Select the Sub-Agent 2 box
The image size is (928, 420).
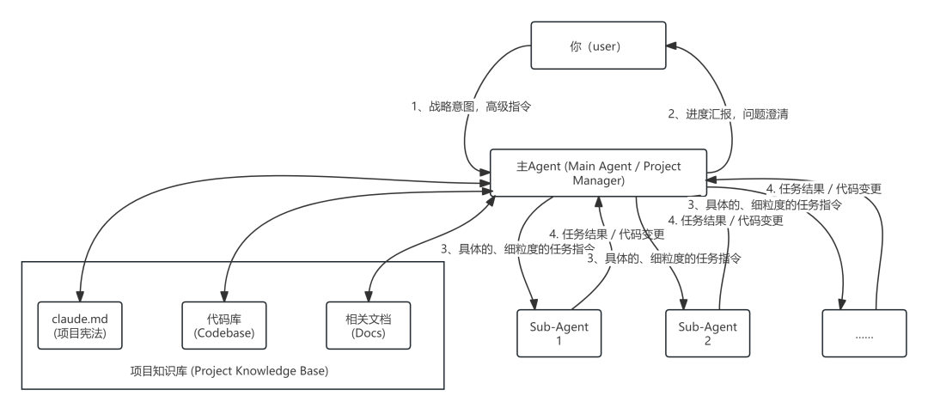coord(702,332)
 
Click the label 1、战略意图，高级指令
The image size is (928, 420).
coord(470,107)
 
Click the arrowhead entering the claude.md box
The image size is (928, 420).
coord(79,296)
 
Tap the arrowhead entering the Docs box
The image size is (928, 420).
coord(369,296)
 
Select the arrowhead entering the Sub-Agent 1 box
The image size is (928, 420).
coord(534,303)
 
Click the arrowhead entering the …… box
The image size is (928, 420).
coord(844,303)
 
